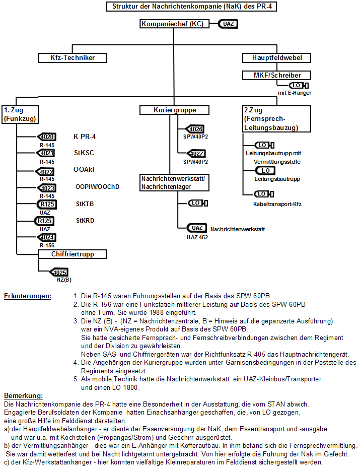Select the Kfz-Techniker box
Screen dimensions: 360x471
pyautogui.click(x=72, y=57)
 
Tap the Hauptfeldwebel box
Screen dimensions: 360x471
pyautogui.click(x=276, y=57)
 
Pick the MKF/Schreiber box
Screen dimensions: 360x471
pyautogui.click(x=276, y=75)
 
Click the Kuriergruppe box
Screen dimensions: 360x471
pyautogui.click(x=174, y=110)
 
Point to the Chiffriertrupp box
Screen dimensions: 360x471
pyautogui.click(x=72, y=254)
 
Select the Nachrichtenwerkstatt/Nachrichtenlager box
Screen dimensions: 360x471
pyautogui.click(x=174, y=183)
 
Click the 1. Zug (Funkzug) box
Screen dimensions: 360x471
pyautogui.click(x=20, y=114)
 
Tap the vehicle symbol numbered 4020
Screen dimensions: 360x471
pyautogui.click(x=46, y=137)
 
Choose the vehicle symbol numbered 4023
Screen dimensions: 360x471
pyautogui.click(x=46, y=188)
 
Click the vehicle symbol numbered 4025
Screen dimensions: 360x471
pyautogui.click(x=58, y=273)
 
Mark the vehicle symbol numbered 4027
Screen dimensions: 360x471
pyautogui.click(x=196, y=154)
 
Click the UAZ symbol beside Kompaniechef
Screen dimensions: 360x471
pyautogui.click(x=228, y=24)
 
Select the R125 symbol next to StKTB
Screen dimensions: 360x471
pyautogui.click(x=46, y=204)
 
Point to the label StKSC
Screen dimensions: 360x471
pyautogui.click(x=84, y=153)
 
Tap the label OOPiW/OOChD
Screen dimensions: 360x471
pyautogui.click(x=97, y=187)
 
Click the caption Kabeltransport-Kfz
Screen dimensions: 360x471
pyautogui.click(x=277, y=204)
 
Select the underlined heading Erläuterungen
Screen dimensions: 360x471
pyautogui.click(x=28, y=296)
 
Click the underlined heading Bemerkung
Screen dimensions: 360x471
pyautogui.click(x=24, y=395)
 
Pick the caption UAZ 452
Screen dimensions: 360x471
pyautogui.click(x=197, y=237)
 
